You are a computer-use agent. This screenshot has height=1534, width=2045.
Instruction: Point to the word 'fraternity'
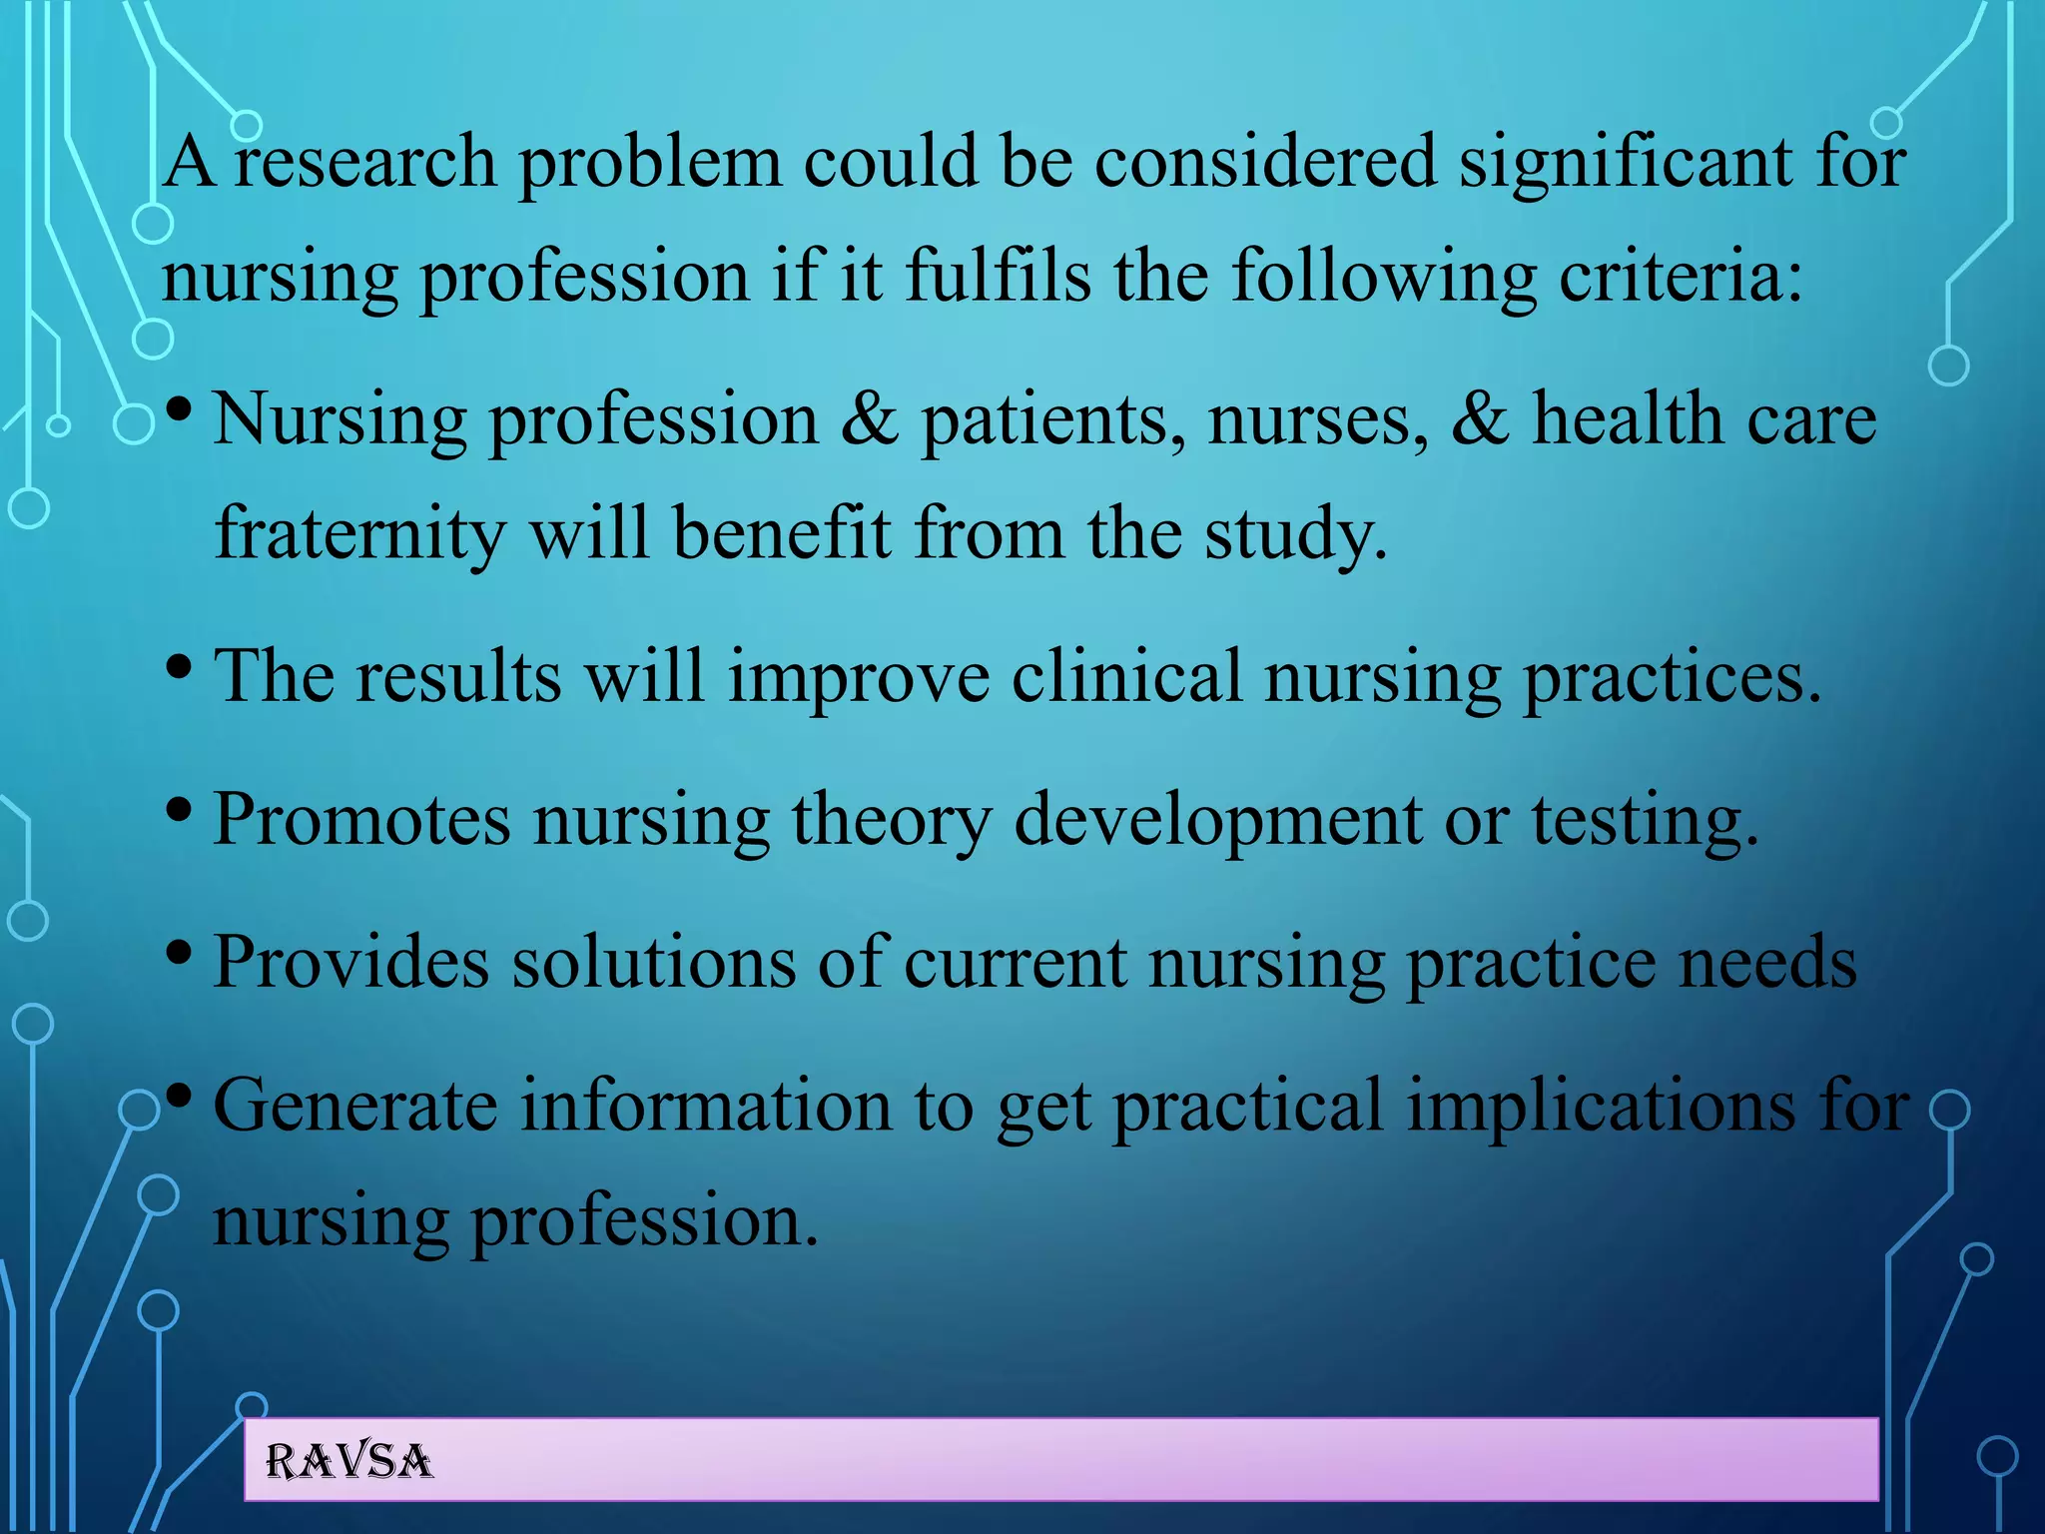(360, 533)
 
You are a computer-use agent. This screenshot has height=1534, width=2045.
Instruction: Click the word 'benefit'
(781, 533)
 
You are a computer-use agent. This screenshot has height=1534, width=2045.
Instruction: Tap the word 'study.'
(1296, 533)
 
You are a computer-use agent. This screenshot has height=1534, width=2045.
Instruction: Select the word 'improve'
(858, 677)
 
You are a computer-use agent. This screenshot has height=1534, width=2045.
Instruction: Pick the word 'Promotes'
(361, 820)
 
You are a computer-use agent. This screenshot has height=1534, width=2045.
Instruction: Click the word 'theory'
(892, 820)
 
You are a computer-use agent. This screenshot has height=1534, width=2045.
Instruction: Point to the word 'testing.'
(1646, 820)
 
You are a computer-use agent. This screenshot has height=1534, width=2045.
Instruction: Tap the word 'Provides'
(351, 963)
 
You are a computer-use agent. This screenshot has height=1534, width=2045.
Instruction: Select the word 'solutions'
(654, 963)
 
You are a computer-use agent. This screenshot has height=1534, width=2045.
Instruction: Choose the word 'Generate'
(355, 1106)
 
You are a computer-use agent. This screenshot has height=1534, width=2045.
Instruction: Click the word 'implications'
(1601, 1106)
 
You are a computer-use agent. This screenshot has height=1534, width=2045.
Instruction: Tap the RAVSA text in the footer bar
(349, 1462)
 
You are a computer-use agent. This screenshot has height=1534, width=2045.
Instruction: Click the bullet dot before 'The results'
(180, 666)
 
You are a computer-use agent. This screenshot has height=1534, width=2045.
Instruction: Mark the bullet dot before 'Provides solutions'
(180, 952)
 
